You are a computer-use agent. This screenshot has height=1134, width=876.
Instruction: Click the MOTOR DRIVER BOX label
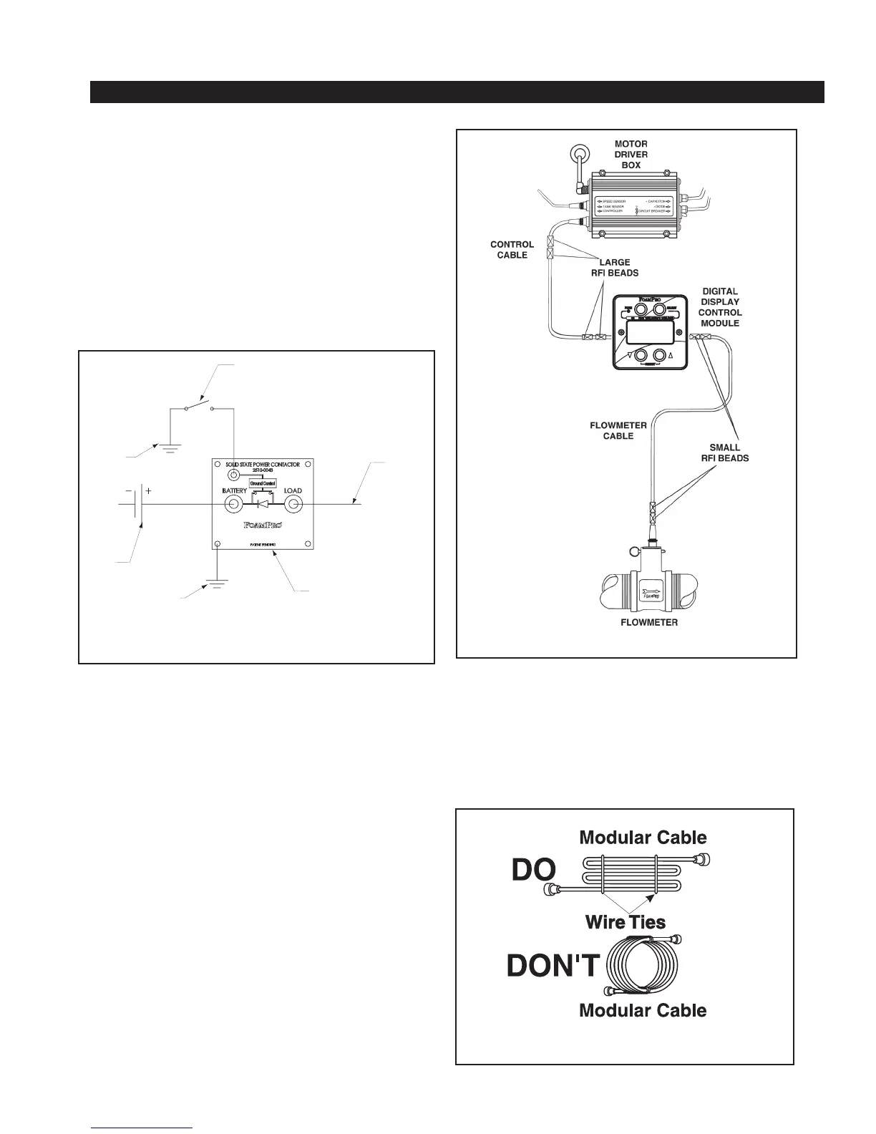(x=631, y=154)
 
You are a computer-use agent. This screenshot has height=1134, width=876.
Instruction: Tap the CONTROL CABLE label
(x=512, y=250)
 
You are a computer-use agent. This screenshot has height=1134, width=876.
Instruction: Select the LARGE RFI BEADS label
(x=614, y=267)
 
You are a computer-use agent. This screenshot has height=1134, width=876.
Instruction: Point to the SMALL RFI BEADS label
(x=724, y=452)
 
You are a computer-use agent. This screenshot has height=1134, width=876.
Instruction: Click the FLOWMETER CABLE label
(x=618, y=430)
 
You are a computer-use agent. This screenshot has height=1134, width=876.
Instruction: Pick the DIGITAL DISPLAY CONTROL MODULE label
(x=720, y=307)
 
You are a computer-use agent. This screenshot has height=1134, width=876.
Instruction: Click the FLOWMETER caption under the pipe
(x=648, y=622)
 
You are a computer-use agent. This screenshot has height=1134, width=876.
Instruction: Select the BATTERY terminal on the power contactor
(x=232, y=505)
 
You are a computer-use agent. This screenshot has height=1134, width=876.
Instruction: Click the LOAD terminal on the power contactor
(x=293, y=505)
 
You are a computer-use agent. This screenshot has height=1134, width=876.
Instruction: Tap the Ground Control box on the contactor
(x=262, y=483)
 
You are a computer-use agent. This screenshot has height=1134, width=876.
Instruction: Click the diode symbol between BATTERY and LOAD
(x=262, y=505)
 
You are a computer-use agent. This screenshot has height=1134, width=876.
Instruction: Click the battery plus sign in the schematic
(x=148, y=492)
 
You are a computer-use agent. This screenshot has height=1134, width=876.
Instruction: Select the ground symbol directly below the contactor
(x=218, y=583)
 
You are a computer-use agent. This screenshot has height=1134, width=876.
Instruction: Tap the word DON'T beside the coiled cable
(x=552, y=966)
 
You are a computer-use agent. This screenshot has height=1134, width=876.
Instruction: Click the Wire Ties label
(x=625, y=922)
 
